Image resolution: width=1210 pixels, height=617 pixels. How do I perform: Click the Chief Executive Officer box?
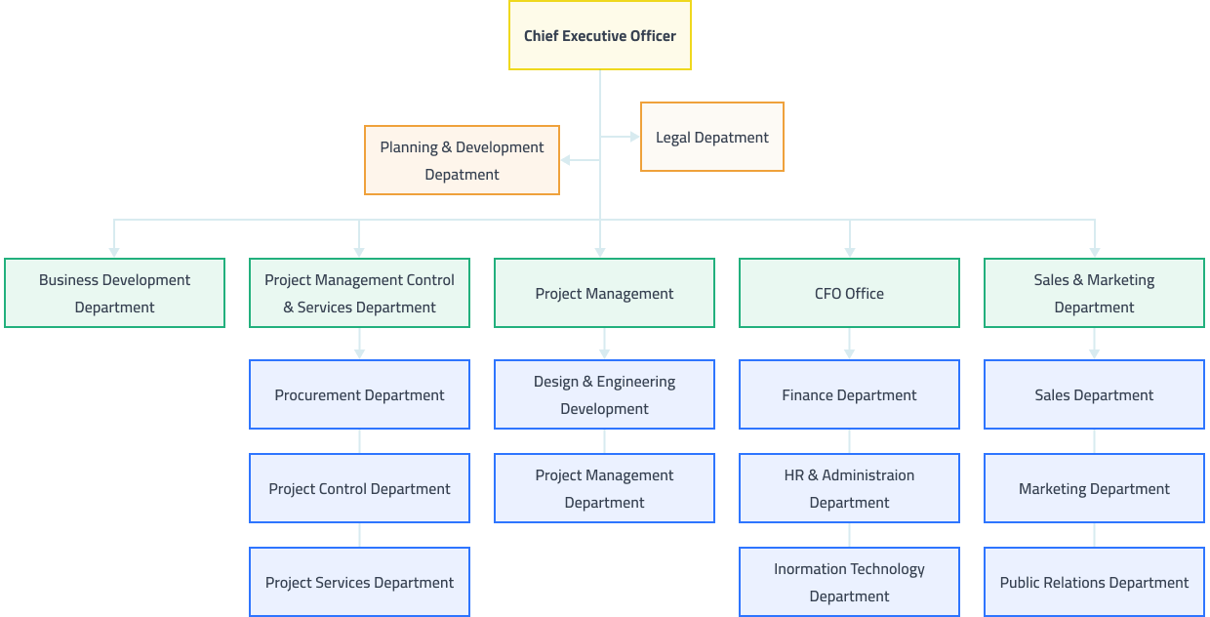(599, 35)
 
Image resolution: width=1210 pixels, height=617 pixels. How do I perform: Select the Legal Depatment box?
(711, 137)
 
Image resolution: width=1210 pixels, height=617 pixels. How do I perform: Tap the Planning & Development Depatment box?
(462, 160)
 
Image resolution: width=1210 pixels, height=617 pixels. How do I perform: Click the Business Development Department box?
(114, 293)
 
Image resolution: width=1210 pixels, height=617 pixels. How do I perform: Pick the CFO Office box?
(849, 293)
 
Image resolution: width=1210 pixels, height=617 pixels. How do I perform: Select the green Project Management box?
(604, 293)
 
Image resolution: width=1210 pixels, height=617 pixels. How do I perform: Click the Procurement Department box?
(359, 394)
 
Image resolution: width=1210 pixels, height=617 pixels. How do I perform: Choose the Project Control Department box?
(359, 488)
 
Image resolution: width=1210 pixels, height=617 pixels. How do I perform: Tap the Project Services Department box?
(359, 582)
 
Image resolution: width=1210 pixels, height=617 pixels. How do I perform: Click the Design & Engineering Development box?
(604, 394)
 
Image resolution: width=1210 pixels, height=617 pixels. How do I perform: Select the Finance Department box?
(849, 394)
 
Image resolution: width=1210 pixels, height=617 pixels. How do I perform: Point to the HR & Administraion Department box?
(849, 488)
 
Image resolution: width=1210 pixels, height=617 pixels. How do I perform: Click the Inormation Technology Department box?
(849, 582)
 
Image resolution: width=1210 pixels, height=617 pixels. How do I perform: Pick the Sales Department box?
(1094, 394)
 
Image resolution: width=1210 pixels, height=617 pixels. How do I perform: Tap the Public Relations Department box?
(1094, 582)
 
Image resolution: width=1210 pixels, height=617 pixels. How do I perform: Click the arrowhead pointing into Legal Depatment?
(634, 137)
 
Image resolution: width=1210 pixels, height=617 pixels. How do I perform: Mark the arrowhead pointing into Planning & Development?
(566, 160)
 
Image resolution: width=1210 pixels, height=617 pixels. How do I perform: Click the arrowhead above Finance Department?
(849, 353)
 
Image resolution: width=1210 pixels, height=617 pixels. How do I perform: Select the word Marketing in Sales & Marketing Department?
(1121, 280)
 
